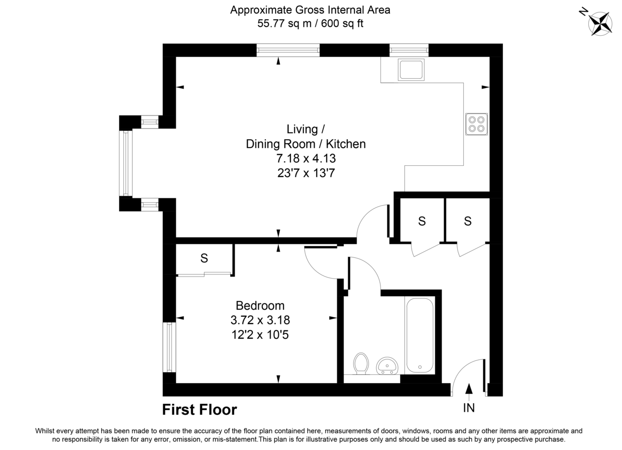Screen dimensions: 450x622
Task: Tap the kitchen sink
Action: pyautogui.click(x=411, y=69)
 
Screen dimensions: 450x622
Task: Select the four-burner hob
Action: pyautogui.click(x=475, y=124)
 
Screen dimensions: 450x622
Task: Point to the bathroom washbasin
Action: pyautogui.click(x=386, y=366)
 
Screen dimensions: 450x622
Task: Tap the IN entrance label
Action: pyautogui.click(x=469, y=408)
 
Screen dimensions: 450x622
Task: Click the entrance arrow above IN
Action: pyautogui.click(x=469, y=389)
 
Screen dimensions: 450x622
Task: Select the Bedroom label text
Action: pyautogui.click(x=260, y=306)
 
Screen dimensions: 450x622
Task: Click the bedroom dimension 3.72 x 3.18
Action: pyautogui.click(x=260, y=320)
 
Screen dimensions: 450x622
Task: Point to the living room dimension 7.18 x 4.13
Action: pyautogui.click(x=305, y=158)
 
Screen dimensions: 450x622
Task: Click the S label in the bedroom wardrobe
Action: pyautogui.click(x=204, y=257)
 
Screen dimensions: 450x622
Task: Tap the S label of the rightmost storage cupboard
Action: pyautogui.click(x=468, y=221)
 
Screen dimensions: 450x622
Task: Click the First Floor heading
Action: pyautogui.click(x=200, y=410)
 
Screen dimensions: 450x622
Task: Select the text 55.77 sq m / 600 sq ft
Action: pyautogui.click(x=310, y=23)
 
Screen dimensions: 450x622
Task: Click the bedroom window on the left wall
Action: pyautogui.click(x=169, y=347)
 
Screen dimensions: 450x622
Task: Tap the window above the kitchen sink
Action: pyautogui.click(x=409, y=50)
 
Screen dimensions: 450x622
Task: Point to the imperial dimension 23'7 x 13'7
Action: pyautogui.click(x=305, y=173)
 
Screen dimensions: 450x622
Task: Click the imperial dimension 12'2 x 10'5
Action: pyautogui.click(x=260, y=335)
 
